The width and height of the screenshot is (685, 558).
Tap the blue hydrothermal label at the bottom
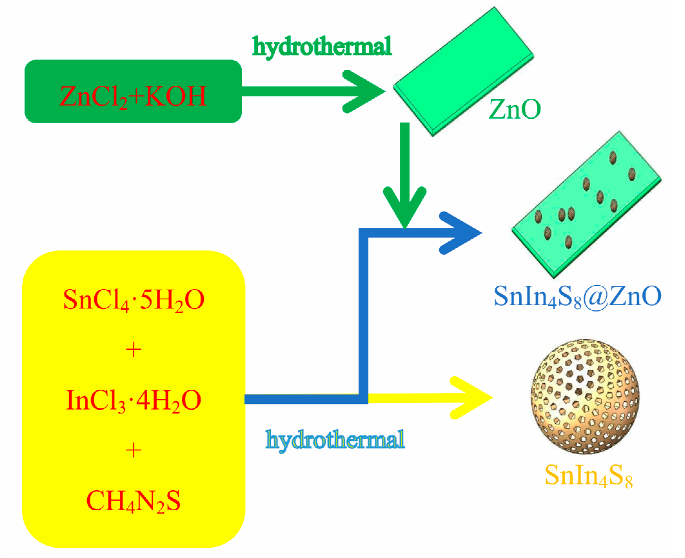(335, 439)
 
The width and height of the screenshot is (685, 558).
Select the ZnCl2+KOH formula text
(133, 96)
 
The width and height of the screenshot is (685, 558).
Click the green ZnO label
(514, 110)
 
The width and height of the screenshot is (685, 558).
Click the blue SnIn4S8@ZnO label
(577, 297)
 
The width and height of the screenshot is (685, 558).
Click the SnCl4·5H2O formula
(133, 300)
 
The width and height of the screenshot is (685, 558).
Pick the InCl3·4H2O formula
(133, 400)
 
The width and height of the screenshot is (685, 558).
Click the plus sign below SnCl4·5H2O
(133, 350)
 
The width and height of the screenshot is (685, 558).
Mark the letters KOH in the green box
(176, 96)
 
